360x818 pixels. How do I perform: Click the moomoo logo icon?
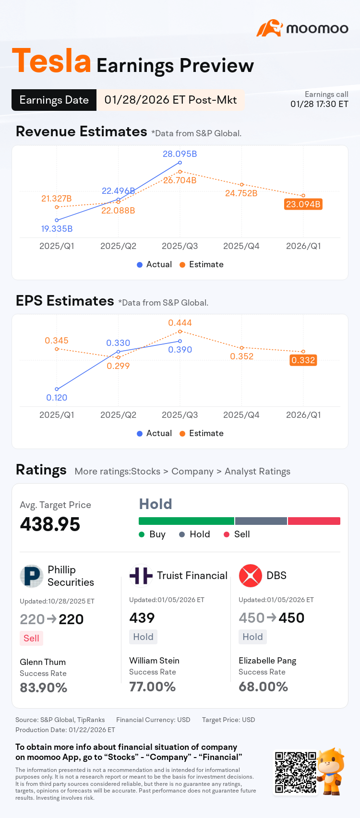(270, 28)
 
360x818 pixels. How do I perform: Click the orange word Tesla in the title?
(51, 61)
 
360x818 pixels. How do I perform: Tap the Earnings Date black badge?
(54, 100)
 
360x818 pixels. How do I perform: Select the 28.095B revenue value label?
(180, 154)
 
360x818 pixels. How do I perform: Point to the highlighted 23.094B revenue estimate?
(303, 204)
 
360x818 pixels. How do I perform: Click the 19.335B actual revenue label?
(57, 229)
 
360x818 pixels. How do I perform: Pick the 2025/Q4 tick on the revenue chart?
(241, 246)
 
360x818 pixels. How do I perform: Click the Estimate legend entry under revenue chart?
(202, 264)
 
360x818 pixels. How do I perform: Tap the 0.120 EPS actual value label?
(57, 398)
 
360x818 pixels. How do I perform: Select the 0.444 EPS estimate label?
(180, 323)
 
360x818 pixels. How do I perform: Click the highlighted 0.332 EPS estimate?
(303, 360)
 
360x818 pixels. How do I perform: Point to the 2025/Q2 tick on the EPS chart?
(118, 415)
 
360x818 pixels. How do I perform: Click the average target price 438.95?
(50, 524)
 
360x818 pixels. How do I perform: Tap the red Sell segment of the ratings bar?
(314, 521)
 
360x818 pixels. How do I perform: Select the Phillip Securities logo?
(31, 576)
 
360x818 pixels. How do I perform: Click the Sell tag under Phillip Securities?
(31, 639)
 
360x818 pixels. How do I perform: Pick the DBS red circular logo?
(251, 576)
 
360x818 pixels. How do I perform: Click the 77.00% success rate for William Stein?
(153, 687)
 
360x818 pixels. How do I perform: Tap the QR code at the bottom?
(296, 772)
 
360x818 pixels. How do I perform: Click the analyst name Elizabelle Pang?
(267, 661)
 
